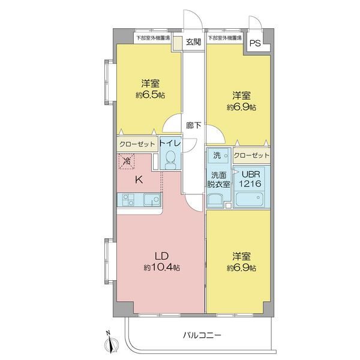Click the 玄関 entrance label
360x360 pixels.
193,43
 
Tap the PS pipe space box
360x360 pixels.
255,43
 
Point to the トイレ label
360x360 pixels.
170,144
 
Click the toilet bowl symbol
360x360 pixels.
170,160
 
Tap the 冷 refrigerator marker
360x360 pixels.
127,161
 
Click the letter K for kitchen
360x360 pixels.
138,179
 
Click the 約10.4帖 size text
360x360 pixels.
161,268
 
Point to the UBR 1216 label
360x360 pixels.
250,179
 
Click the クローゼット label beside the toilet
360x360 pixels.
137,144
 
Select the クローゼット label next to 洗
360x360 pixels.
251,155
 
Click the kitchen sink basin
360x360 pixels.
150,199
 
